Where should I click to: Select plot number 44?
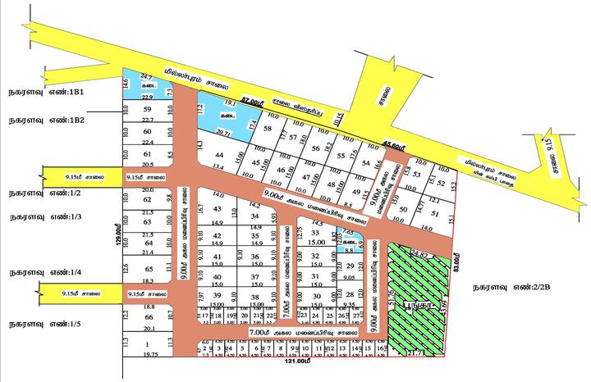(218, 155)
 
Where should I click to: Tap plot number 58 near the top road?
(268, 129)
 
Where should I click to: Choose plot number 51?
(435, 215)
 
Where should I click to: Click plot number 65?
(148, 269)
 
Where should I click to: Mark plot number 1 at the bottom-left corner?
(148, 344)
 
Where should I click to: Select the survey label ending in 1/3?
(43, 217)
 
